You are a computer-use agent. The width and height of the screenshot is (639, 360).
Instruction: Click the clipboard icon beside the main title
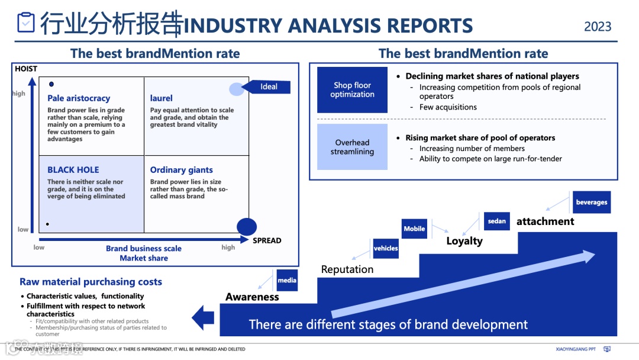[26, 23]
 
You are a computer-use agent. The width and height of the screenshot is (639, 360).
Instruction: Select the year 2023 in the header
[598, 27]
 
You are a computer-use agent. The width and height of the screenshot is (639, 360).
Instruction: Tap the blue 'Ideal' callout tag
[269, 86]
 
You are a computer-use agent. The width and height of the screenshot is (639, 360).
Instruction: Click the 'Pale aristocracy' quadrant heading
[79, 98]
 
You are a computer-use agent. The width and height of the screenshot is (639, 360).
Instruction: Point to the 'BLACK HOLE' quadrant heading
[73, 170]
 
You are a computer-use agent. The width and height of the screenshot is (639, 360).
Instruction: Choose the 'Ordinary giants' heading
[181, 170]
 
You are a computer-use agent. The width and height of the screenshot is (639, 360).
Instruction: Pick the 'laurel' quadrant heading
[162, 98]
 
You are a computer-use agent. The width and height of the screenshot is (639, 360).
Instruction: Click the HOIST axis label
[26, 69]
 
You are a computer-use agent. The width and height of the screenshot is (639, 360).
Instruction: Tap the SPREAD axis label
[267, 240]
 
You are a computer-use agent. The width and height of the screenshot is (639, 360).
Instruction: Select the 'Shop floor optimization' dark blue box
[352, 90]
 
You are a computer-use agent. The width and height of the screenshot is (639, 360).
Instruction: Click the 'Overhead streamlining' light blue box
[352, 147]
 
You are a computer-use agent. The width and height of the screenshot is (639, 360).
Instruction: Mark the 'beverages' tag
[591, 202]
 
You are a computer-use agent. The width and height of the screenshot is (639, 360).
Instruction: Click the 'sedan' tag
[497, 221]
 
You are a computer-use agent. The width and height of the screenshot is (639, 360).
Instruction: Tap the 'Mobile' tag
[414, 229]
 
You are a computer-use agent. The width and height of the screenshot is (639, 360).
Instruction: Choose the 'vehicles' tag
[386, 249]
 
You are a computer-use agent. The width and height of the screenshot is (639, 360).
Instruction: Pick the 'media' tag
[287, 280]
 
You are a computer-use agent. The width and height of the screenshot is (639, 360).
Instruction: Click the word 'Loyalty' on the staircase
[464, 241]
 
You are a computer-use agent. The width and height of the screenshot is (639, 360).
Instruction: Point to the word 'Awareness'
[252, 297]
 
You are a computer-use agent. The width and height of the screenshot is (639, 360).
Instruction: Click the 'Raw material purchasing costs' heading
[91, 282]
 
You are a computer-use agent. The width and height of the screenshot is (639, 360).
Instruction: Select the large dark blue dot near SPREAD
[247, 227]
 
